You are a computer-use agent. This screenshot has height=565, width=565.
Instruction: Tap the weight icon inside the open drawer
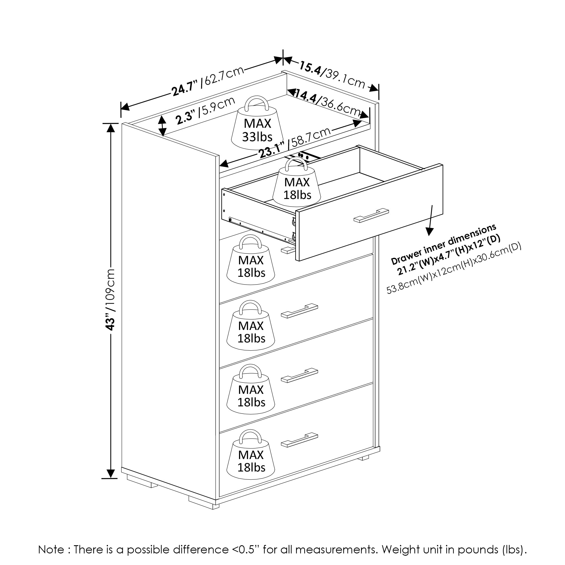297,184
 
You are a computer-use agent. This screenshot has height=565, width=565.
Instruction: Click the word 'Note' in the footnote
51,549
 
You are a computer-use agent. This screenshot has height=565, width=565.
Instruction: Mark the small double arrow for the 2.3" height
163,126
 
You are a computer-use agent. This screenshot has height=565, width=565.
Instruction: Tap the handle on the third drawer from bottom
299,311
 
